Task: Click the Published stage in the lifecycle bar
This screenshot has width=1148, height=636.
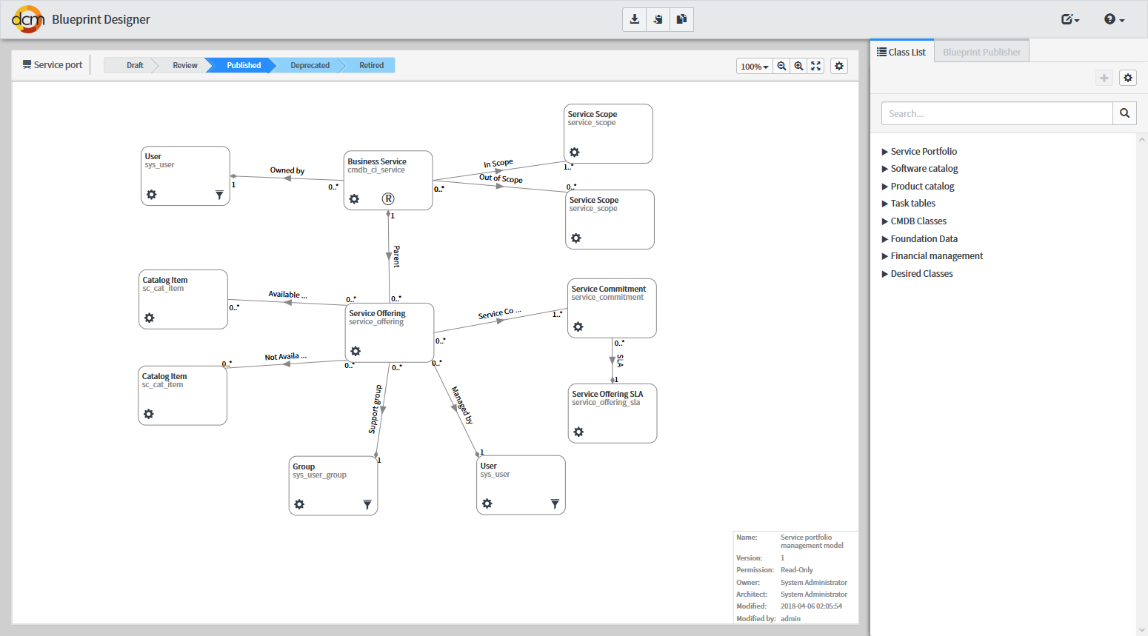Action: point(243,65)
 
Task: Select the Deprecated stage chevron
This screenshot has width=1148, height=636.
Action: point(310,65)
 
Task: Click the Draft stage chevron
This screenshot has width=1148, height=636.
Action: point(134,65)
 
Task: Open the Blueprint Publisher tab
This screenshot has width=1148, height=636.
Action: point(981,52)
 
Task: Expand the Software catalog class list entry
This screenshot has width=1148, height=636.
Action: point(924,169)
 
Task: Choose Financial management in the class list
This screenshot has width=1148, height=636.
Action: point(936,256)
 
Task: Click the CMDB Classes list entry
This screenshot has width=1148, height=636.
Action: point(918,221)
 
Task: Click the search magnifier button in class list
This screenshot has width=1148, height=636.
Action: point(1124,113)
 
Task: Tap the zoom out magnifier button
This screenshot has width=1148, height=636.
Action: point(781,66)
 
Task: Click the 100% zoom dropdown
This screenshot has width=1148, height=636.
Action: point(754,66)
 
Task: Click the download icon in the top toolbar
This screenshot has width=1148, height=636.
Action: point(634,19)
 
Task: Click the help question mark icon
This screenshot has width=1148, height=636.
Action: point(1113,19)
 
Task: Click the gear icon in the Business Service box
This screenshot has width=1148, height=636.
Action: point(354,198)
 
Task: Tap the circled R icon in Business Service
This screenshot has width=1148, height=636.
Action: point(388,198)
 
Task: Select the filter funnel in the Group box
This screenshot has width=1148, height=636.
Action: point(367,504)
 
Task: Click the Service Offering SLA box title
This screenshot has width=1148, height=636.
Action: point(607,394)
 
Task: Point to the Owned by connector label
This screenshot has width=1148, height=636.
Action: point(287,171)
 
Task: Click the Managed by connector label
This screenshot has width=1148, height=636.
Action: point(462,405)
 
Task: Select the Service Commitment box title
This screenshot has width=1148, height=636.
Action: point(608,289)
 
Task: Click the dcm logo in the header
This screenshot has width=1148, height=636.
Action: point(28,19)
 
